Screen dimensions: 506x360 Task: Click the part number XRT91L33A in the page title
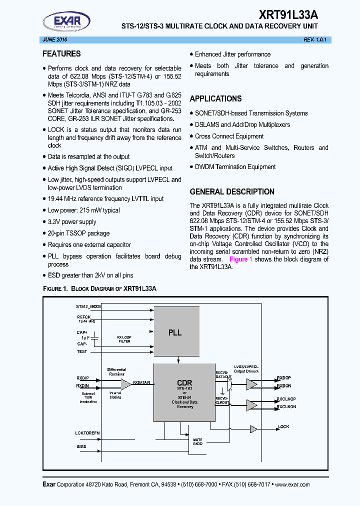coord(288,15)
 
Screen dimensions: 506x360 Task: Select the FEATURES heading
coord(61,54)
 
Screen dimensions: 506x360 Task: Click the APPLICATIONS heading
coord(215,99)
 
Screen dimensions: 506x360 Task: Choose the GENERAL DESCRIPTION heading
coord(232,191)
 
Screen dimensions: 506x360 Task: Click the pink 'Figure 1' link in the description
coord(240,259)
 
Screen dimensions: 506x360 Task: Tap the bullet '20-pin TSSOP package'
coord(78,233)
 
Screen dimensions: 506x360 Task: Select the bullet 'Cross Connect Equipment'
coord(229,136)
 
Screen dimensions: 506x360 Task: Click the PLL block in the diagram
coord(175,332)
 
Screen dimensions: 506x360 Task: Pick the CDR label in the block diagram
coord(184,382)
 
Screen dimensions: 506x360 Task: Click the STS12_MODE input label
coord(89,306)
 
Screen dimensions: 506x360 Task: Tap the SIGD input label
coord(81,445)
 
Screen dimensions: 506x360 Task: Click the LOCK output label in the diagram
coord(283,427)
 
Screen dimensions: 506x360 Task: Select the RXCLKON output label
coord(286,407)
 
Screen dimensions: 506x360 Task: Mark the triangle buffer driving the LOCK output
coord(253,429)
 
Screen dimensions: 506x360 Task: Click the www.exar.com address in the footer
coord(292,484)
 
